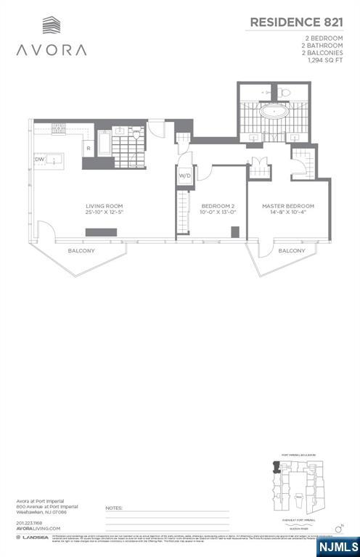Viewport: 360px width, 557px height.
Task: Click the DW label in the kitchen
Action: click(39, 159)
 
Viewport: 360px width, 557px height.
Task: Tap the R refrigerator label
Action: click(88, 148)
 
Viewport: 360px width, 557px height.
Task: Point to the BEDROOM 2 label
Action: click(217, 206)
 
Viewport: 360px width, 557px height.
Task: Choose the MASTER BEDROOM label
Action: click(288, 206)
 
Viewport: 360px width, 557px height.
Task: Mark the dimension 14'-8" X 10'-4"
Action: click(288, 213)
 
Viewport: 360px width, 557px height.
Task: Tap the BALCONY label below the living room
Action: click(81, 250)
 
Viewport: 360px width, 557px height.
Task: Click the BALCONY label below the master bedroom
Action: click(292, 250)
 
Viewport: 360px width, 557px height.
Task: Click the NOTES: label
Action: click(114, 508)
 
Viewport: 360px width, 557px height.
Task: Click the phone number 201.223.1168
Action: click(30, 522)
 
